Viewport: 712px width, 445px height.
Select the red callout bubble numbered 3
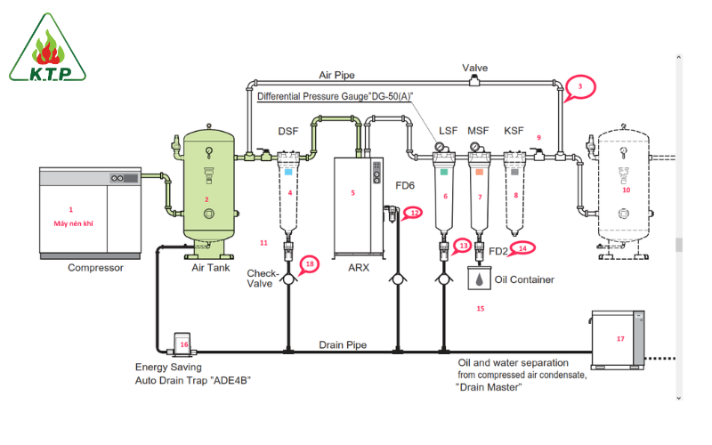point(580,86)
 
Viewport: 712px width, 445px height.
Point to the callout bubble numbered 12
point(415,213)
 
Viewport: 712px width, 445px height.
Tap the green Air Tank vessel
point(208,191)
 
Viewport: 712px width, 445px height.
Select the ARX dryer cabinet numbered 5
point(353,205)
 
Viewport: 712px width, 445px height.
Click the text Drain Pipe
point(343,345)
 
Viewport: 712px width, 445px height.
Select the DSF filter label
point(287,131)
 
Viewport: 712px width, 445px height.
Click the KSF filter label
point(514,131)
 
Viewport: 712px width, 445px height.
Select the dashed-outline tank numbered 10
point(625,187)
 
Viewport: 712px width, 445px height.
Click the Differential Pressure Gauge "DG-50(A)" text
point(336,95)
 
